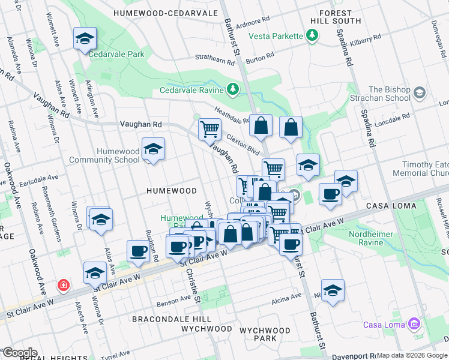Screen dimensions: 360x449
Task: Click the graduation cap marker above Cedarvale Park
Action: [85, 39]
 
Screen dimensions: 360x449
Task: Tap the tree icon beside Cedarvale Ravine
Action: [233, 91]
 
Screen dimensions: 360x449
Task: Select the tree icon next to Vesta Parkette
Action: [312, 36]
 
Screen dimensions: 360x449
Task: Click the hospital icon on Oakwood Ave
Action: [63, 285]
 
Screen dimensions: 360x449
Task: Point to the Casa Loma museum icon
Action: [413, 325]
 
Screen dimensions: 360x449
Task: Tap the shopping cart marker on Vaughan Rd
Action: [209, 130]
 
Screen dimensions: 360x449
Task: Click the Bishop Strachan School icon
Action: [419, 93]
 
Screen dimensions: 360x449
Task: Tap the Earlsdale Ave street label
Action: [38, 178]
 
